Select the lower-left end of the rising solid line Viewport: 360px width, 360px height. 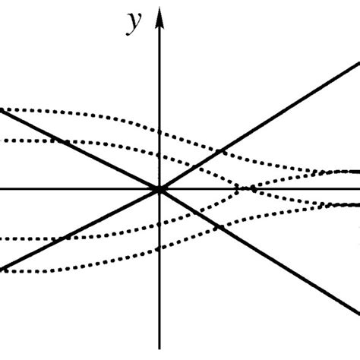[x=2, y=269]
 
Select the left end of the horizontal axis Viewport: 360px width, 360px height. [x=2, y=188]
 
